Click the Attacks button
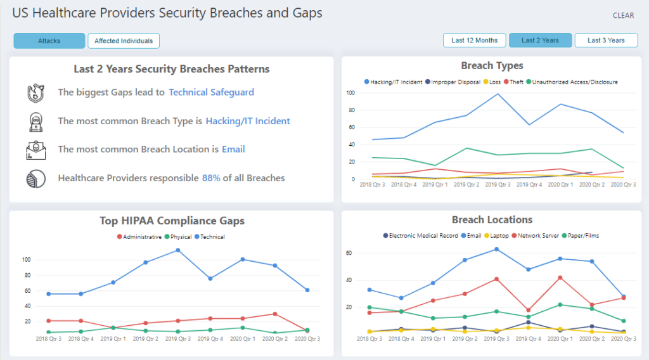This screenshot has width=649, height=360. click(49, 41)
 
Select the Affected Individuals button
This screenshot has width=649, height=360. click(124, 41)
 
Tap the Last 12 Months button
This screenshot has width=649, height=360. click(474, 41)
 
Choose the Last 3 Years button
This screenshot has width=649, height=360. click(606, 41)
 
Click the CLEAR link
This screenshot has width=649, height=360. click(623, 16)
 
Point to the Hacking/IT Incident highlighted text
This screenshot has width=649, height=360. click(248, 121)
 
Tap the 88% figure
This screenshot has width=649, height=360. click(211, 178)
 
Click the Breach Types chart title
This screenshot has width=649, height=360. click(492, 66)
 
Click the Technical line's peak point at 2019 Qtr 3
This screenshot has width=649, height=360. click(178, 250)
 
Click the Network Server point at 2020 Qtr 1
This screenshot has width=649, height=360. click(560, 278)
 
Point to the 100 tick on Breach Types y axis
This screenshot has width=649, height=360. click(350, 93)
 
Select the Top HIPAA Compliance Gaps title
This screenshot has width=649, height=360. click(172, 221)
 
